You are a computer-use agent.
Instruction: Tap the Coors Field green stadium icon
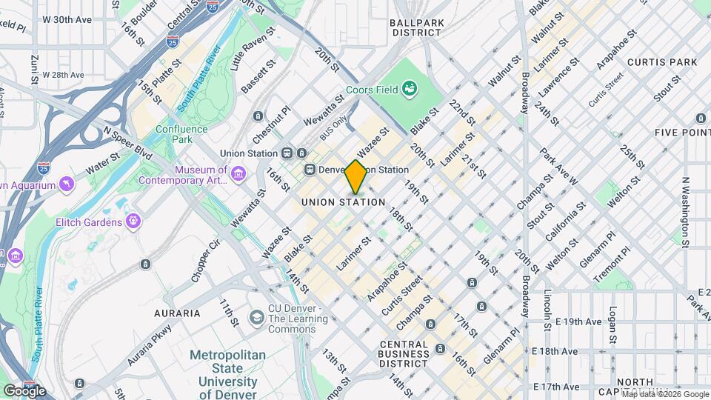pos(409,90)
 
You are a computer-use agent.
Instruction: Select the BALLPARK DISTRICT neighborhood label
pos(418,27)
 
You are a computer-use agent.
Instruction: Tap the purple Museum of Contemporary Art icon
pos(238,173)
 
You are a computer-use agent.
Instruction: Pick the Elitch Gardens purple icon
pos(133,220)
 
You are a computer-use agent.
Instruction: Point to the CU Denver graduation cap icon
pos(256,317)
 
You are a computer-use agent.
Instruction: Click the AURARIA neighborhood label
pos(177,313)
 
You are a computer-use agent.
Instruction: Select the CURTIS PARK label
pos(653,61)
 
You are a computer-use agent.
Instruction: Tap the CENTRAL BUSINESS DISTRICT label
pos(404,354)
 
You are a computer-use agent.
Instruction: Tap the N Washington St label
pos(685,212)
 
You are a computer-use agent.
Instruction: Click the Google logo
pos(24,390)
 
